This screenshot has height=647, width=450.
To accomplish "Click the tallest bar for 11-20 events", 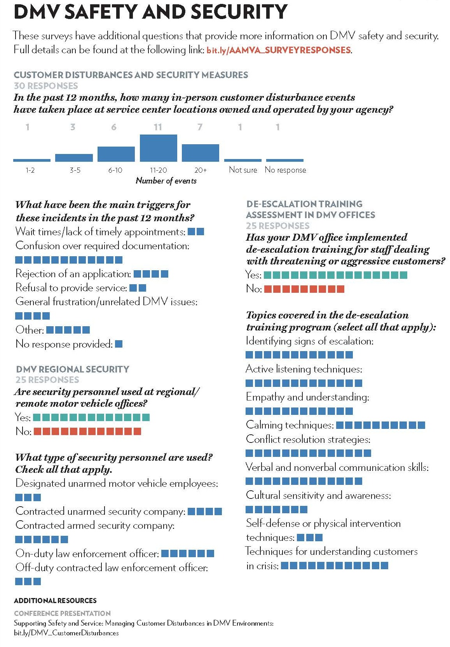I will point(158,148).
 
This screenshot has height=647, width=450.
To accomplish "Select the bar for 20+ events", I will point(200,153).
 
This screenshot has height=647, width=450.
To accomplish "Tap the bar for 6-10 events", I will point(116,154).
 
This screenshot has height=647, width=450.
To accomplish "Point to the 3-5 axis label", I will point(75,170).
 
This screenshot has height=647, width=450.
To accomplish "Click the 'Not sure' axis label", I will point(243,170).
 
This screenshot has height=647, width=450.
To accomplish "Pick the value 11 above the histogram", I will point(158,127).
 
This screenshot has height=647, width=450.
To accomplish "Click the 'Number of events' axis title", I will point(166,181).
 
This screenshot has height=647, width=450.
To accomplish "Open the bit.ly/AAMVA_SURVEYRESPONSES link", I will point(279,50).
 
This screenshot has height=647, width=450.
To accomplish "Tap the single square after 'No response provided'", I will point(119,344).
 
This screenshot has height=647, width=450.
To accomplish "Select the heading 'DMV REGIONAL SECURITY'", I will point(73,369).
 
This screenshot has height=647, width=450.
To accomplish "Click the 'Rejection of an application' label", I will point(73,274).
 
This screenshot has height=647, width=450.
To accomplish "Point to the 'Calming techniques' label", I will point(290,425).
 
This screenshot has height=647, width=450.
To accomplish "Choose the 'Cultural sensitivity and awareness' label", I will point(318,495).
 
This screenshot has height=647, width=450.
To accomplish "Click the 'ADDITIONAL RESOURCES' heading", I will point(55,601).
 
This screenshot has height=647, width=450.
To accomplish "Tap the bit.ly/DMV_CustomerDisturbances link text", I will point(66,633).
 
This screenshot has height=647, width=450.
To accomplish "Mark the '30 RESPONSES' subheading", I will point(46,86).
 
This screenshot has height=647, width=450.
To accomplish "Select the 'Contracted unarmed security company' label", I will point(100,511).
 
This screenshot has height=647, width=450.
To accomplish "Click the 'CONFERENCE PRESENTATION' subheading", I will point(62,614).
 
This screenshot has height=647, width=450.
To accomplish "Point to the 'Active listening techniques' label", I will point(304,369).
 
